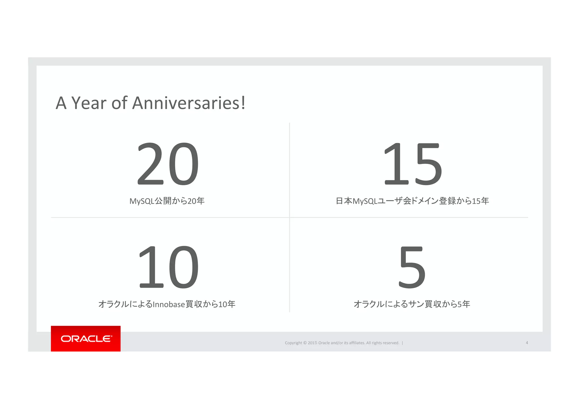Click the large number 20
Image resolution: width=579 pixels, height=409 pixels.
[x=168, y=164]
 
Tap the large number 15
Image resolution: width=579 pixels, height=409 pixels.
[x=412, y=164]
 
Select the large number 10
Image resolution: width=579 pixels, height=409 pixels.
[x=168, y=267]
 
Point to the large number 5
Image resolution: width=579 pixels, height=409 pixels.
[x=412, y=267]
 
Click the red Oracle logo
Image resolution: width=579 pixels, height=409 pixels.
[x=86, y=338]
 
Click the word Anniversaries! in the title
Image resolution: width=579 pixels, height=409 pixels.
[x=189, y=103]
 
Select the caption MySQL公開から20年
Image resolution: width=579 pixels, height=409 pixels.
[x=167, y=201]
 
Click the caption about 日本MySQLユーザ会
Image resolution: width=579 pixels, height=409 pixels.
[x=412, y=201]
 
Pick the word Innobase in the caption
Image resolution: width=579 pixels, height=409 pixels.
[x=168, y=304]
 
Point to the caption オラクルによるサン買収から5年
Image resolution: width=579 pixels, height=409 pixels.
[x=412, y=304]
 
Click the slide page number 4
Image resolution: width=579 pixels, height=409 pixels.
[x=527, y=343]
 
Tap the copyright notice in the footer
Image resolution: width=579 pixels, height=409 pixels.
[x=342, y=343]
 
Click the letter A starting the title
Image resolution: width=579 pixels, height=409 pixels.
[x=61, y=103]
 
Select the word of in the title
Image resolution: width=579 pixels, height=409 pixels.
[x=119, y=103]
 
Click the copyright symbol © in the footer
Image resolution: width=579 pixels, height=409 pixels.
[x=305, y=343]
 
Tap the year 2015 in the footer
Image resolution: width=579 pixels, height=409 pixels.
[x=312, y=343]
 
